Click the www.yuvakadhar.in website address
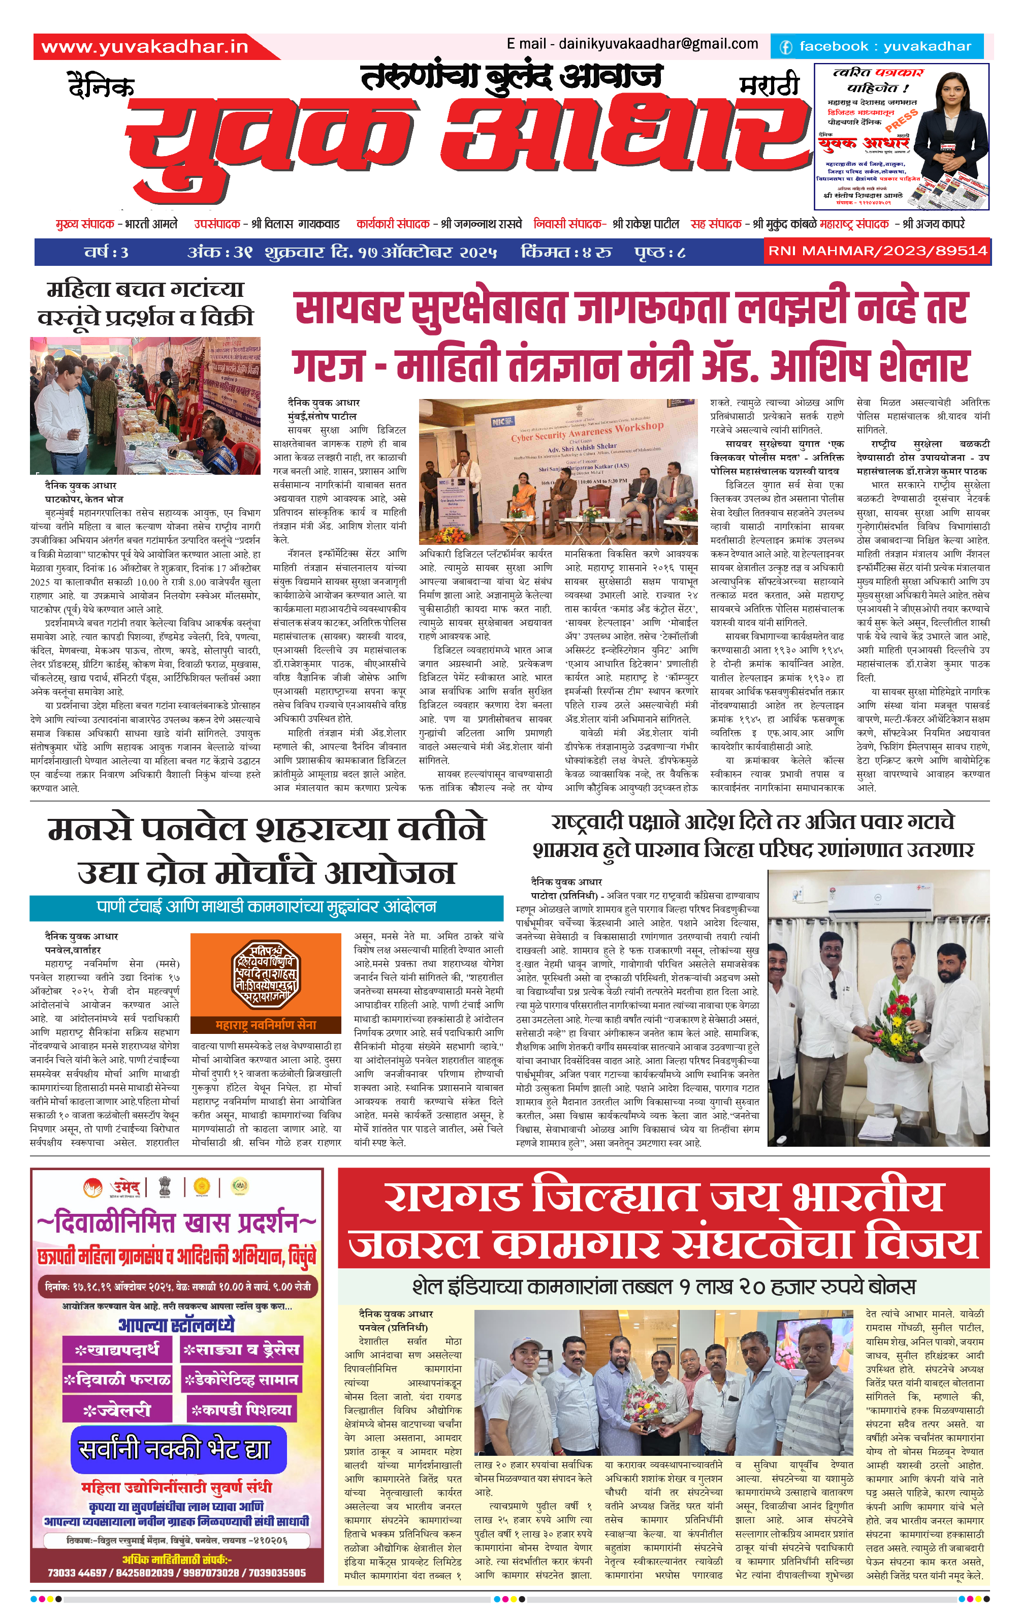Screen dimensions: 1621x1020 (145, 46)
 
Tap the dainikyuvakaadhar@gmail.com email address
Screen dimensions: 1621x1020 (658, 44)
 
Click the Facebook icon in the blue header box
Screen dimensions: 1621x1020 (785, 46)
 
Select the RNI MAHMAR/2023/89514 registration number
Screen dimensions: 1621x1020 (877, 251)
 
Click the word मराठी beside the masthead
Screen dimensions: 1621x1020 (769, 85)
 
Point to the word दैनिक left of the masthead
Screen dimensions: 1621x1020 (101, 87)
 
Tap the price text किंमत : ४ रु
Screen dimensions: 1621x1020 (566, 253)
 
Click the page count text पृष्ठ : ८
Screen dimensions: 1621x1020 (659, 253)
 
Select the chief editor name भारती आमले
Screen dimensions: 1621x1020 (151, 224)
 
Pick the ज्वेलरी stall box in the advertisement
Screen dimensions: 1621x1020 (117, 1410)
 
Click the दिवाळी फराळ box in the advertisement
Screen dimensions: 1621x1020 (117, 1380)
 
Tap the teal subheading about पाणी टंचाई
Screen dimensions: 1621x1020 (267, 907)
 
